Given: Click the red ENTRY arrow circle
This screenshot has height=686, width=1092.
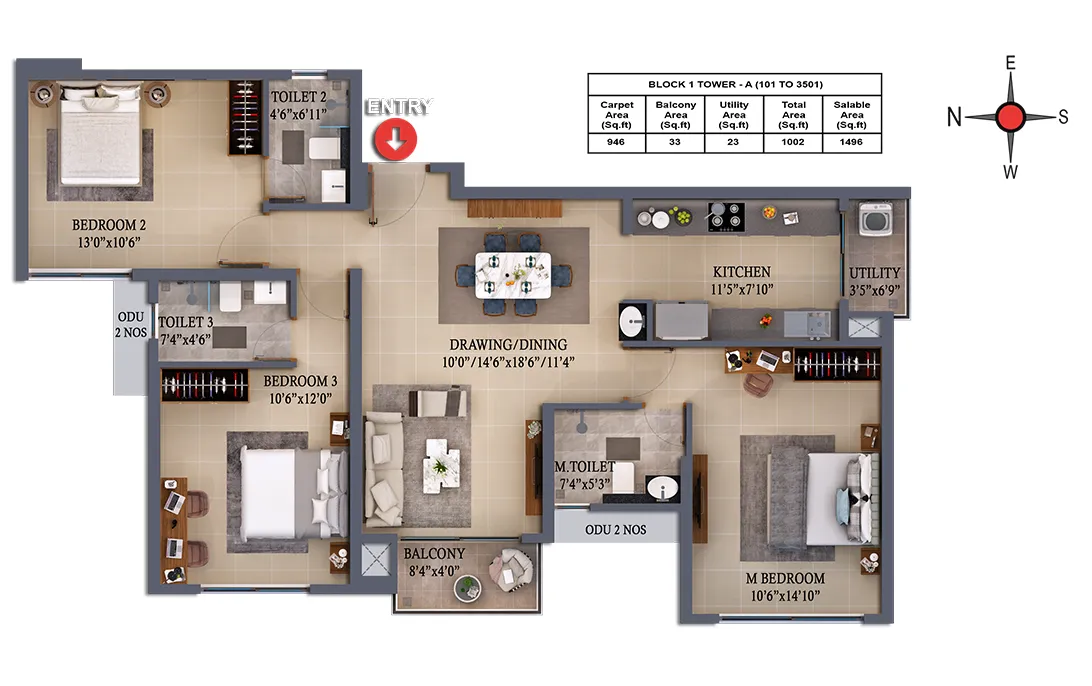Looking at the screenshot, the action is coord(396,139).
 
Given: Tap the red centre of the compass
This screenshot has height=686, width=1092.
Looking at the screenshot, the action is coord(1010,117).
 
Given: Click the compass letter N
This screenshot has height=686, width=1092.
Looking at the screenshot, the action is coord(954,117).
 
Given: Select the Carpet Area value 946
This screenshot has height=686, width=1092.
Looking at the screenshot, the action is coord(616,142).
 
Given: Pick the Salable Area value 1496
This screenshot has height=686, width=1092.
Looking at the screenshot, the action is coord(851,142).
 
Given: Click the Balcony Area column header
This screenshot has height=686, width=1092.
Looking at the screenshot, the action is coord(675,115).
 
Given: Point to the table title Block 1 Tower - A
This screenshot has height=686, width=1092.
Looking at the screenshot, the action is coord(735,84).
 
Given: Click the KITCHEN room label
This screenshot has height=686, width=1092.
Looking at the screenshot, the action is coord(742,272).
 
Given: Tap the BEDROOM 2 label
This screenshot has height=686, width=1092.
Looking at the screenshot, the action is coord(109,225).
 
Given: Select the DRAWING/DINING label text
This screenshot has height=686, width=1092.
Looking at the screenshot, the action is coord(508,345).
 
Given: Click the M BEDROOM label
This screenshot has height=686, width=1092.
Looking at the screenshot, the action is coord(785,578).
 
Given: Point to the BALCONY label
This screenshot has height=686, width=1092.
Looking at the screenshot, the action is coord(435,554).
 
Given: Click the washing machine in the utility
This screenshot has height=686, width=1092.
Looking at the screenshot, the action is coord(875,219).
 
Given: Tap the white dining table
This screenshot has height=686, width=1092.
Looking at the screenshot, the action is coord(513,275).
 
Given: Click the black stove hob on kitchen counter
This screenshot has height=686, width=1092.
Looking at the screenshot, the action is coord(726,217).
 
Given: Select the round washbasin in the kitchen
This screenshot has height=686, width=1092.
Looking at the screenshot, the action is coord(632,322).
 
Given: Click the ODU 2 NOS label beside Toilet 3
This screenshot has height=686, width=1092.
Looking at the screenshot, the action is coord(131,325).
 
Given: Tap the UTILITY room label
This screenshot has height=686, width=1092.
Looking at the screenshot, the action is coord(875,273).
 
